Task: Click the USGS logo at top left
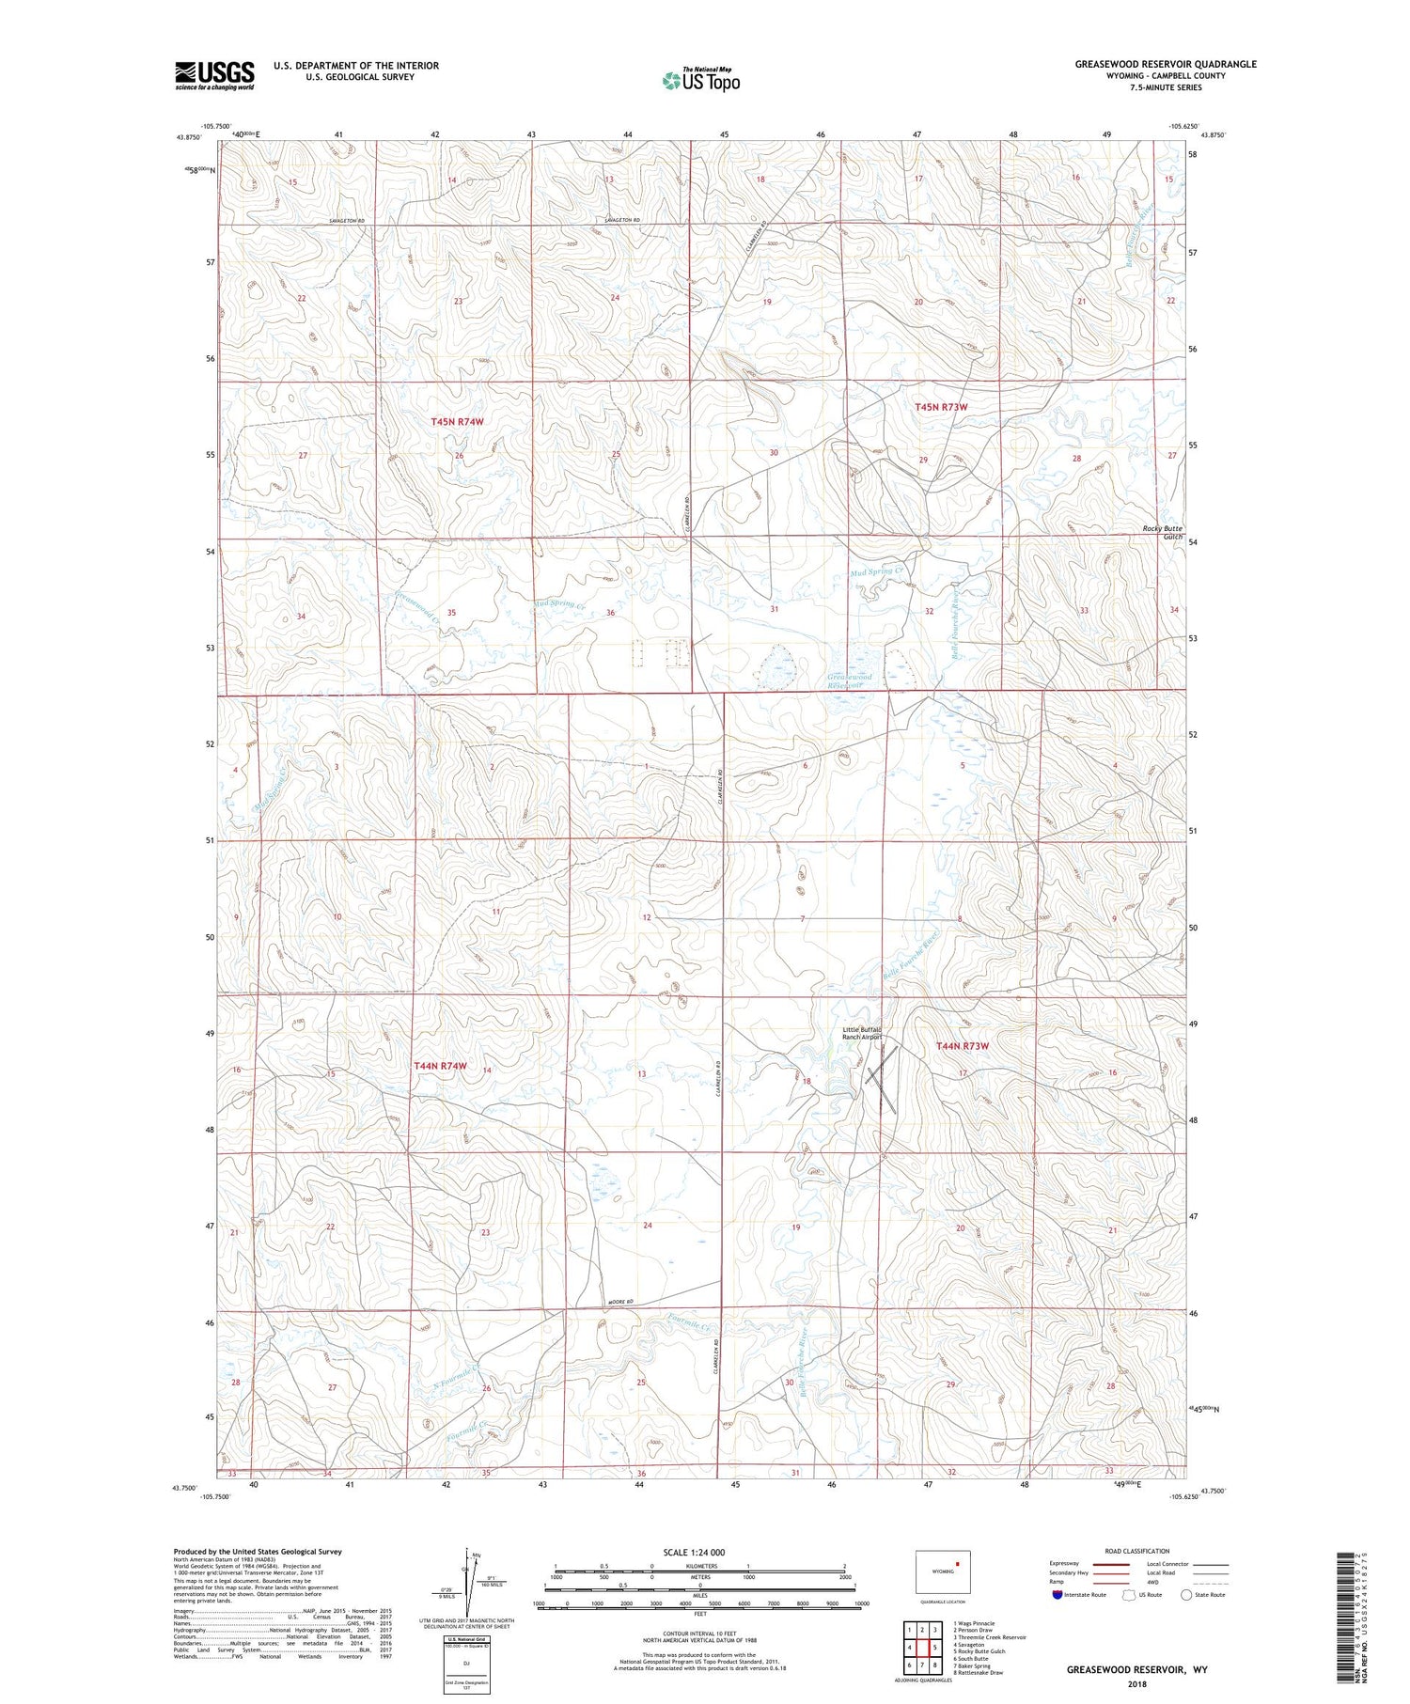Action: point(214,75)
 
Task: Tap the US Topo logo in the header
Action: point(700,80)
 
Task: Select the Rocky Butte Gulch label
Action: point(1163,532)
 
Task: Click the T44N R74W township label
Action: point(441,1066)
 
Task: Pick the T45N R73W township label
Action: point(941,407)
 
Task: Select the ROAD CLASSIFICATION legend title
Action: point(1136,1551)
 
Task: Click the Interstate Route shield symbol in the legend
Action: point(1057,1595)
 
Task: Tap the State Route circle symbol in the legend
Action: point(1186,1595)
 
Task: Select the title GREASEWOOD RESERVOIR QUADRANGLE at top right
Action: point(1166,64)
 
